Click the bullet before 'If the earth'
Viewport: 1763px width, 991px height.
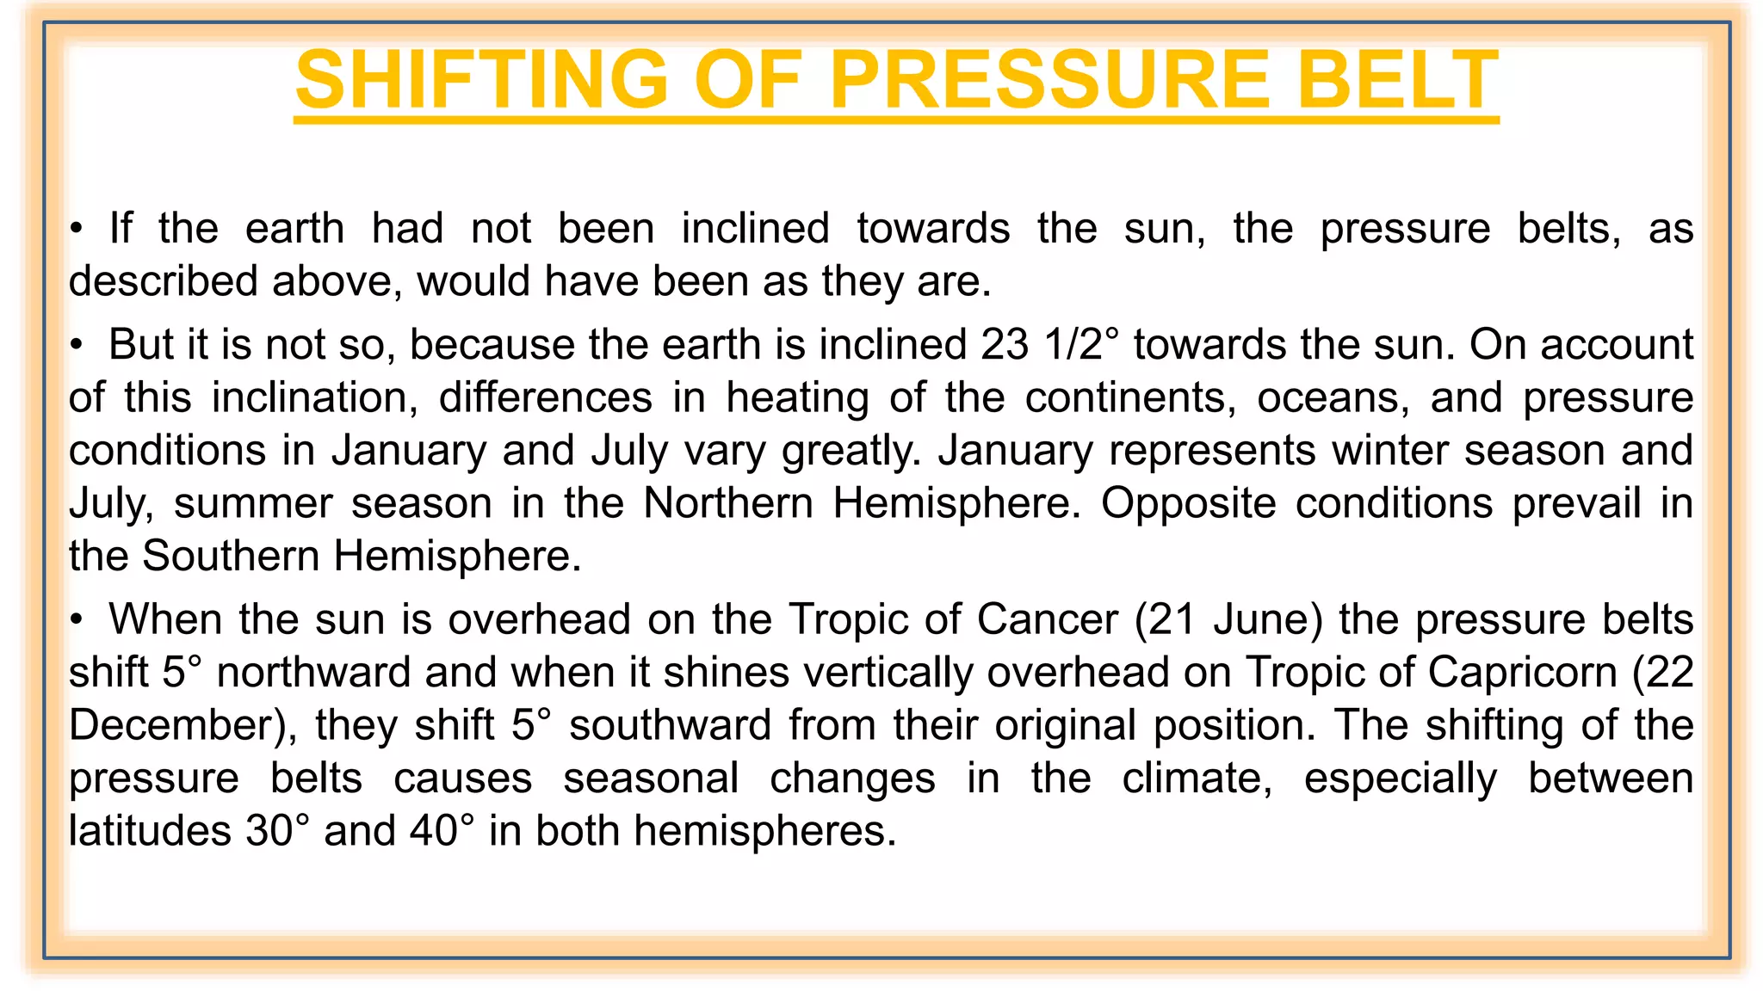77,230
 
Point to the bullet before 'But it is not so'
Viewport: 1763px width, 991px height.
77,346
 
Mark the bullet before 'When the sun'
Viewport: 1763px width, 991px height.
77,620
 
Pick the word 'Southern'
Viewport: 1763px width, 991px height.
231,557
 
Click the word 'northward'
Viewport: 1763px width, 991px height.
313,673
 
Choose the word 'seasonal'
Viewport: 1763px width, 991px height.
651,779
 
